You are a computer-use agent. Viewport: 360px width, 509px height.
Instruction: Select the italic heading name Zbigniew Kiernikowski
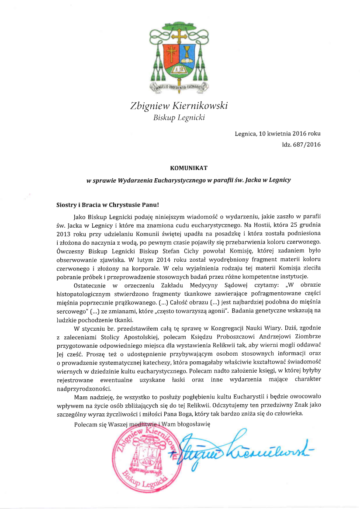(x=179, y=106)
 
